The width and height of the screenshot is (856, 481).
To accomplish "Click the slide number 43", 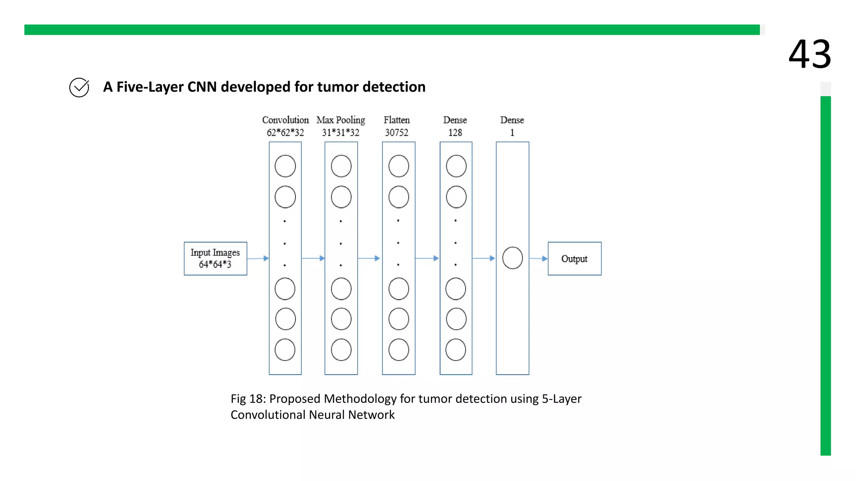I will (x=810, y=54).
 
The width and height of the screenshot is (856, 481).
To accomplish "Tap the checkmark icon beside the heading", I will (x=79, y=87).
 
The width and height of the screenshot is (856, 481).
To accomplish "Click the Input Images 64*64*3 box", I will (x=215, y=258).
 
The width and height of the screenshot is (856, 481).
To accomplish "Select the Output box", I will (x=574, y=258).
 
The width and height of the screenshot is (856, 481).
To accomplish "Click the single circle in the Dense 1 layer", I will (x=512, y=258).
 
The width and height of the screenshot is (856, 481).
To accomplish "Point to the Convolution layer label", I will (x=285, y=120).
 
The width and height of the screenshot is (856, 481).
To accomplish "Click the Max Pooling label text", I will (x=341, y=120).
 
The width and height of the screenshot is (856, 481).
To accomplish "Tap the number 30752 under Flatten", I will (x=397, y=133).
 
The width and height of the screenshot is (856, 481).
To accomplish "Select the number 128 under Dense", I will (x=455, y=133).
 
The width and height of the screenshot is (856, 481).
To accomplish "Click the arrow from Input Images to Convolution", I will (x=258, y=258).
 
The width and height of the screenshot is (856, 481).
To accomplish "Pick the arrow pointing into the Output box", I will (x=538, y=258).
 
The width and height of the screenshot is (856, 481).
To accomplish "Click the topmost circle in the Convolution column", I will (x=285, y=166).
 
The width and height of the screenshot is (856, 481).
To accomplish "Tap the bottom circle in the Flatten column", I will (x=399, y=350).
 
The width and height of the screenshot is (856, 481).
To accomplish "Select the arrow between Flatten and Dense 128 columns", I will (x=427, y=258).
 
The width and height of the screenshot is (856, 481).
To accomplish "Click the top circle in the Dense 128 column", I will (x=456, y=166).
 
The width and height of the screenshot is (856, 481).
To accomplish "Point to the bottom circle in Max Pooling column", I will (x=341, y=350).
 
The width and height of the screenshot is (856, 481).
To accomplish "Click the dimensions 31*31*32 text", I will (x=341, y=133).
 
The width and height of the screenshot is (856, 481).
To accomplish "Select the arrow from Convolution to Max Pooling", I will (x=313, y=258).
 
